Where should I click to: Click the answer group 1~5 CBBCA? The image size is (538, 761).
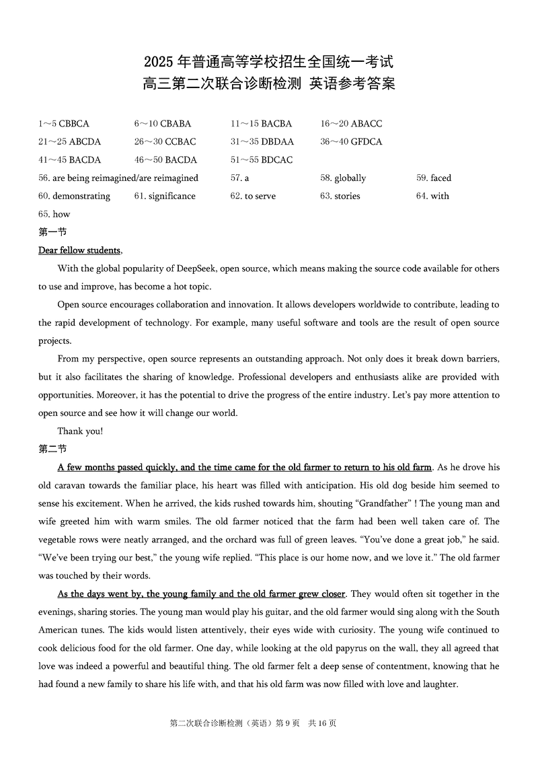pyautogui.click(x=64, y=124)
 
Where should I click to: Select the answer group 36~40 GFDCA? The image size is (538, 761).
pyautogui.click(x=351, y=142)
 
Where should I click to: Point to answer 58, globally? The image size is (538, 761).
pyautogui.click(x=343, y=178)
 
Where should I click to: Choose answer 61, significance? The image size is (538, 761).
pyautogui.click(x=165, y=196)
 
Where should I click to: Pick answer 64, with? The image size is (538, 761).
pyautogui.click(x=432, y=196)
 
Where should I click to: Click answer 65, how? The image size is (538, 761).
pyautogui.click(x=54, y=215)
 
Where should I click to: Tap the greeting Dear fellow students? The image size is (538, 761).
pyautogui.click(x=81, y=251)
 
